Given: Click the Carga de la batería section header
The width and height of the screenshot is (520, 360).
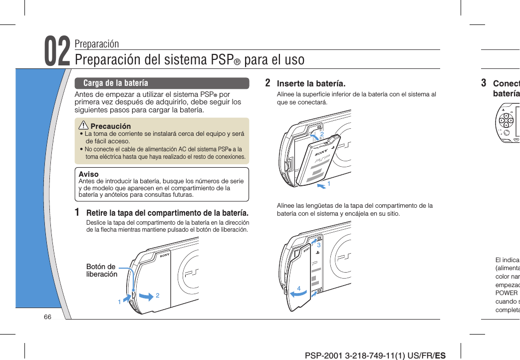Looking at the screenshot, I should point(116,83).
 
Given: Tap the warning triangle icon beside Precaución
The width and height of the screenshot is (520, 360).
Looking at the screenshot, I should point(84,126).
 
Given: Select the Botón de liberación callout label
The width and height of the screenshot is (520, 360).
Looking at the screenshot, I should point(101,270).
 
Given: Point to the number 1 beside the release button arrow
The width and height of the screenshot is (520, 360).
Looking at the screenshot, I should point(119,302).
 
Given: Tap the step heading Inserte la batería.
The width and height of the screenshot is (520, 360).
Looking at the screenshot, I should point(311,83).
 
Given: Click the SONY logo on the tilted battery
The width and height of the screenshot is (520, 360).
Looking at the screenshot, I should point(321,150).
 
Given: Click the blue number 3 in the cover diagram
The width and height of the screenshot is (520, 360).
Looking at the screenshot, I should point(318,245).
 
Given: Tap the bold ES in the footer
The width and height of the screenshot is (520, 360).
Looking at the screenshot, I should point(440,356).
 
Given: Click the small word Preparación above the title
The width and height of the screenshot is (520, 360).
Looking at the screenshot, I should point(97,43).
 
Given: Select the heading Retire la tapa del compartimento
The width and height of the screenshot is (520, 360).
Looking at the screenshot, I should point(168,213).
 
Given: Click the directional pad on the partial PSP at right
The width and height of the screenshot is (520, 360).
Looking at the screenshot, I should point(506,121).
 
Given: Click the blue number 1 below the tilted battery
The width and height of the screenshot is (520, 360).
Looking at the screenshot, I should point(328,184).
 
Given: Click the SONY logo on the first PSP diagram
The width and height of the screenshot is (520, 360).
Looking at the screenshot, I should point(165,255).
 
